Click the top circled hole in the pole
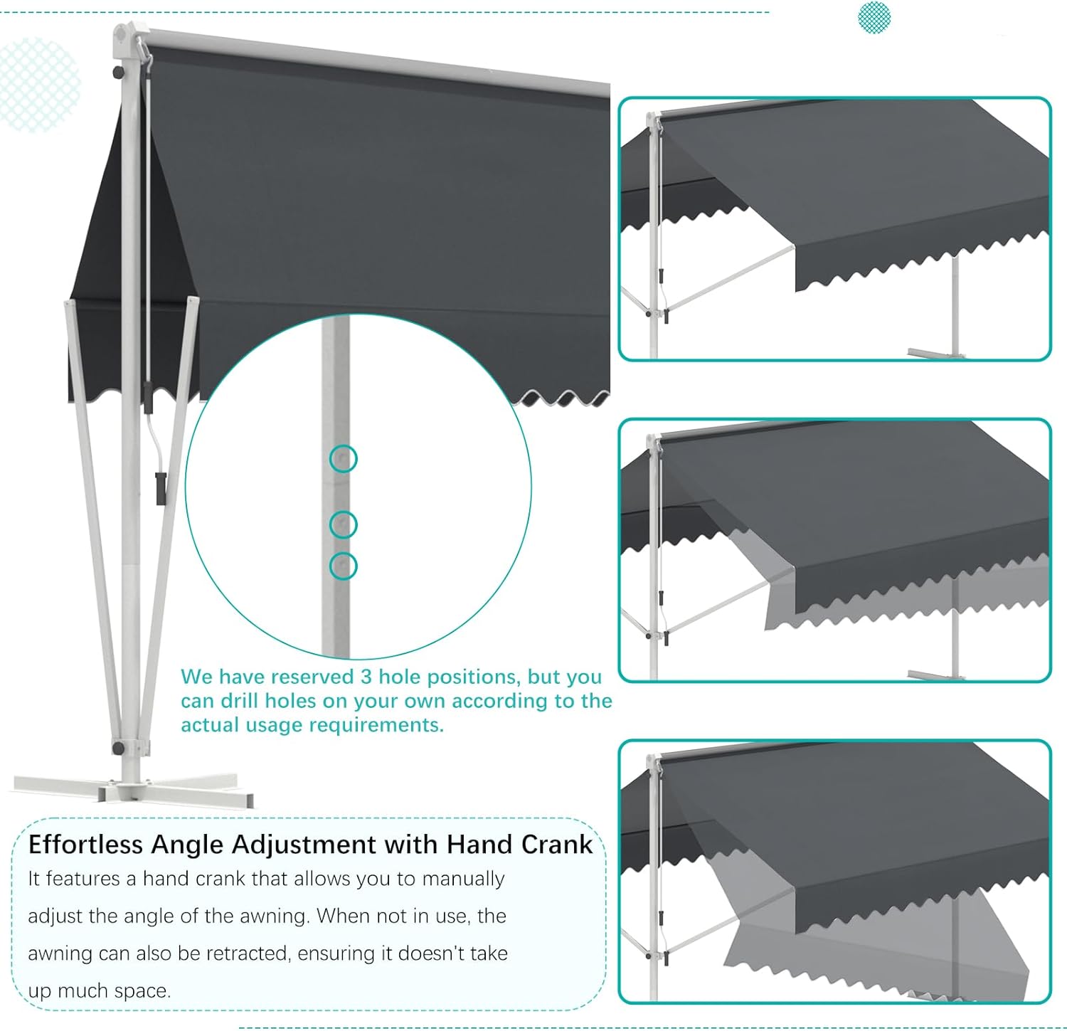tap(344, 459)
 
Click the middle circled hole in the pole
tap(344, 524)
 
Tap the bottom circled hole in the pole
tap(344, 566)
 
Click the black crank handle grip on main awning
tap(161, 488)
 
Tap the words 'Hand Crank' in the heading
tap(519, 845)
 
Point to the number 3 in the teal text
tap(366, 677)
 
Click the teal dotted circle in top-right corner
tap(874, 16)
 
